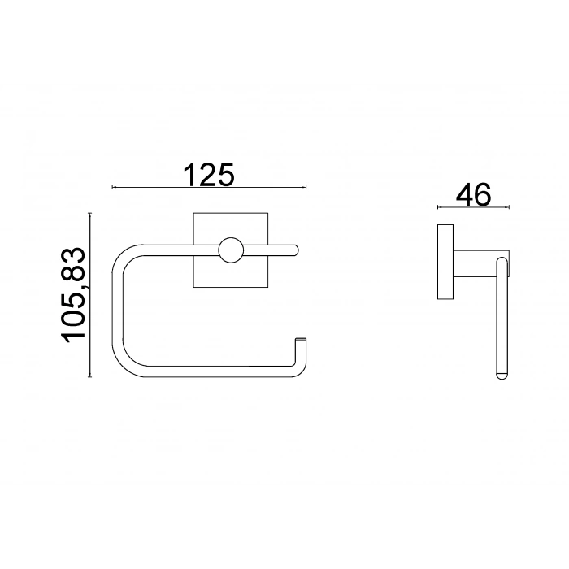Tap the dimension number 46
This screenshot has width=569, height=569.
[473, 196]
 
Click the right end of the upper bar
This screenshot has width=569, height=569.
[298, 251]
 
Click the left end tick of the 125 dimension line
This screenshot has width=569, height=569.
[112, 188]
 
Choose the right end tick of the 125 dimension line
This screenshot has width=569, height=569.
[307, 188]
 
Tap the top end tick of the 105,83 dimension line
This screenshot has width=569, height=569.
[90, 214]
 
